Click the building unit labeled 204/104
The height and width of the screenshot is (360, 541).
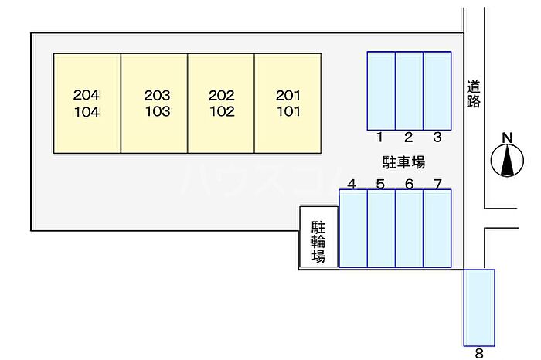(87, 103)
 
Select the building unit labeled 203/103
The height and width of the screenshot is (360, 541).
(155, 103)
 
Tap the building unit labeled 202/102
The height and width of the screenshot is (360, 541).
(222, 103)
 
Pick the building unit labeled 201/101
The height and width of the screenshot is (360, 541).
(288, 103)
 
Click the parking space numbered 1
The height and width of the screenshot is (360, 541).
(381, 90)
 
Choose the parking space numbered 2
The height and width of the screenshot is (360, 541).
(409, 90)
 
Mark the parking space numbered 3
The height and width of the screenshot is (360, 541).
(437, 90)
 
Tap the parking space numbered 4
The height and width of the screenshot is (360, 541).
(353, 229)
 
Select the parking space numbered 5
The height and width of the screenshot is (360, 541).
(381, 229)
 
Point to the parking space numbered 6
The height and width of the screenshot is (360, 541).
(409, 229)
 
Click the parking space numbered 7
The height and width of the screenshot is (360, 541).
(437, 229)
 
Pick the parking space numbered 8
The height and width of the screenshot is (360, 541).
(479, 307)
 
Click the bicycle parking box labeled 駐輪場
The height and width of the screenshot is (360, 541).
(318, 238)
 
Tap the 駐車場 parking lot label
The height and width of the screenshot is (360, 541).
(403, 162)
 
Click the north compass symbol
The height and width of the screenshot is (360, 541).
(507, 161)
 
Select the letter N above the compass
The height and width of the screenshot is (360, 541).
(507, 138)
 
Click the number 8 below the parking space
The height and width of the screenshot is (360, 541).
(479, 354)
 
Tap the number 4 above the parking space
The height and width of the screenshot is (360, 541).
(352, 184)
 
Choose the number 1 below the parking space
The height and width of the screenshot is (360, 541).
(380, 138)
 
